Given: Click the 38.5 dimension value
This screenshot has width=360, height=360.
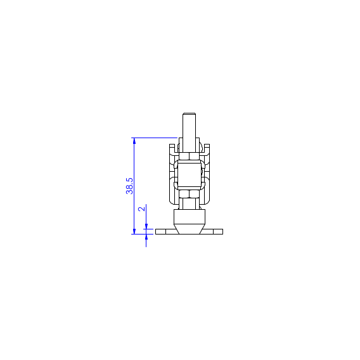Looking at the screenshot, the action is [129, 186].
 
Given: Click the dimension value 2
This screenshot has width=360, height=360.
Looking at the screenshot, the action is [142, 209].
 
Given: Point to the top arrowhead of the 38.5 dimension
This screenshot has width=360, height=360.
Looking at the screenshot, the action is [134, 141].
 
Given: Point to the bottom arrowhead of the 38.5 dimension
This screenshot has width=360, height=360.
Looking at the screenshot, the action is [134, 231].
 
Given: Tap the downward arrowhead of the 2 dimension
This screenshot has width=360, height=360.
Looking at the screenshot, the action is [146, 226].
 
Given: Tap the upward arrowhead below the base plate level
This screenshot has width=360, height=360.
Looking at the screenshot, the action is [146, 237].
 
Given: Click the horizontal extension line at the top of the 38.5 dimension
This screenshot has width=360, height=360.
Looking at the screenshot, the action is [154, 138].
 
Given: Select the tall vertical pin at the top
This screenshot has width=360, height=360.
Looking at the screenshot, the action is [189, 132].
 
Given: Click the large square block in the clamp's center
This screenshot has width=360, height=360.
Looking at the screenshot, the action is [190, 175].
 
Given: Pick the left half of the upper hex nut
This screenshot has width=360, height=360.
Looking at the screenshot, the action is [184, 157].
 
